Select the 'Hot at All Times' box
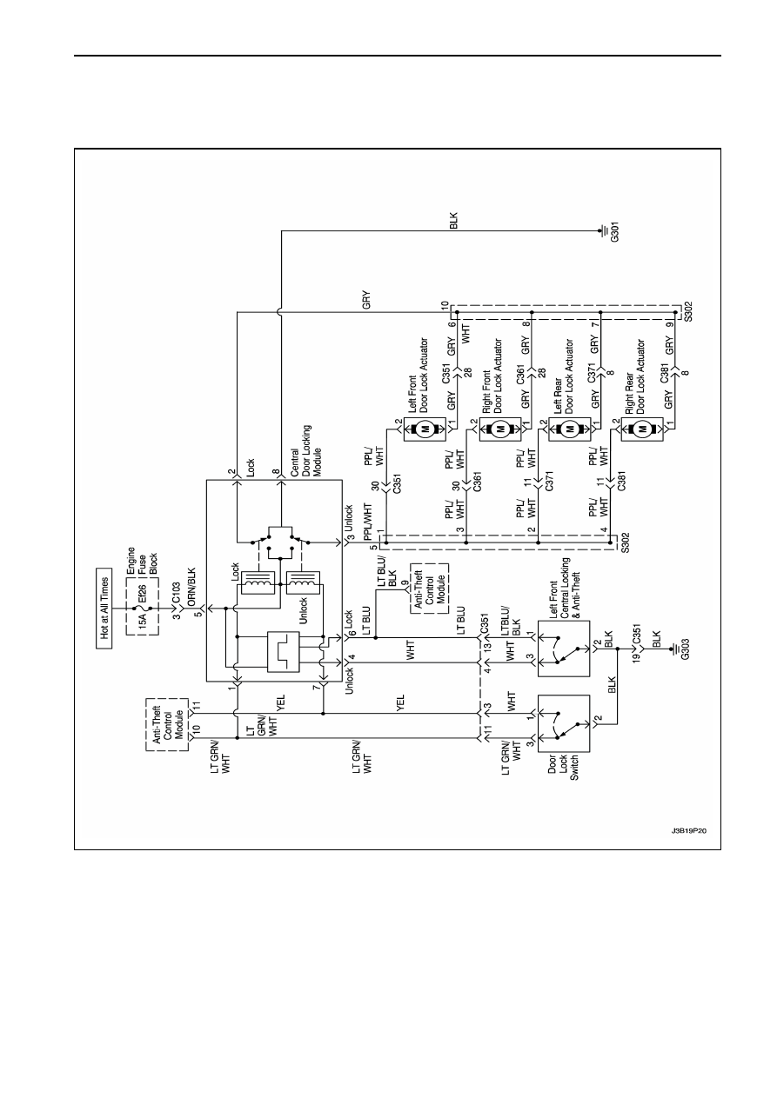tap(104, 609)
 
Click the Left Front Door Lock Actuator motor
tap(425, 429)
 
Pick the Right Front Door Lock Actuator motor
tap(499, 429)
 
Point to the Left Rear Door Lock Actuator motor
tap(569, 429)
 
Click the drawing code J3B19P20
tap(689, 831)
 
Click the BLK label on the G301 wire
tap(453, 221)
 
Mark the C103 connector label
tap(177, 594)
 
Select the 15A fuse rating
tap(142, 621)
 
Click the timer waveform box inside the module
tap(283, 651)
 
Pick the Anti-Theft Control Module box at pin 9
tap(430, 589)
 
